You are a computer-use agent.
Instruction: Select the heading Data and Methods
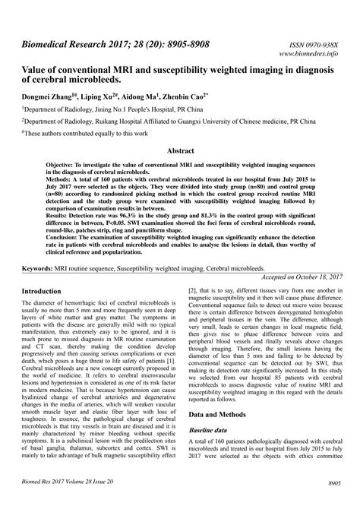coord(225,416)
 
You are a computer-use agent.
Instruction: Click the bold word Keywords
coord(41,269)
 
